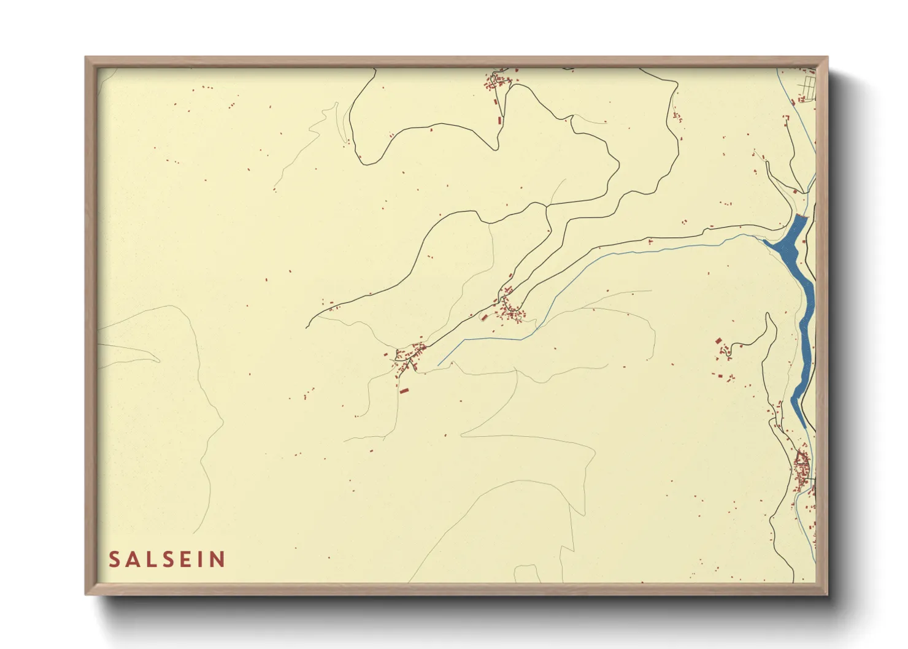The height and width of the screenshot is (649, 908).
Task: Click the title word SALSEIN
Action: (x=167, y=559)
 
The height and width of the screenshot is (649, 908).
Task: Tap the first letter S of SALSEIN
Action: (x=114, y=559)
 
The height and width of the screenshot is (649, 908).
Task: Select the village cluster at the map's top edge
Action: (x=499, y=80)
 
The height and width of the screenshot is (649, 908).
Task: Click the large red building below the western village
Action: (x=404, y=390)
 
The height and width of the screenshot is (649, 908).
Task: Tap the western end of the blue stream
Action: (x=439, y=365)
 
